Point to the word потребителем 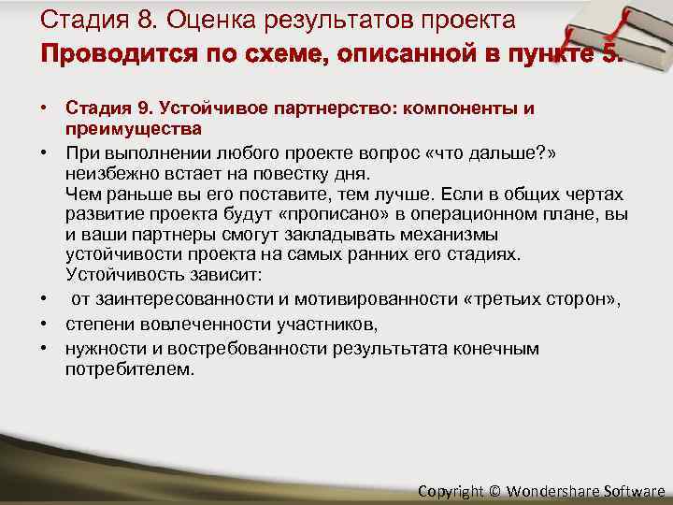tap(131, 369)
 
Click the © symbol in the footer tap(494, 491)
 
